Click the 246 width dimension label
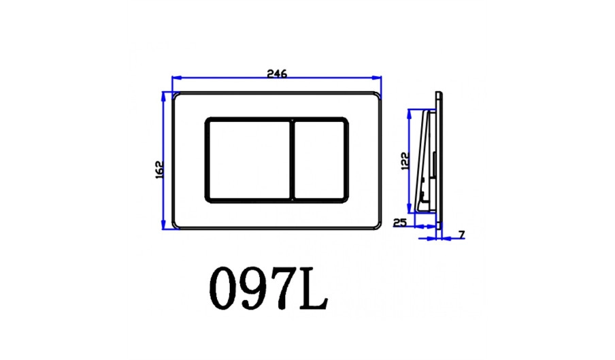277,73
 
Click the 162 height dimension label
159,170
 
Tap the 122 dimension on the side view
405,161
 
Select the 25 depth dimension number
399,223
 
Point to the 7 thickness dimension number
462,235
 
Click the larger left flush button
249,160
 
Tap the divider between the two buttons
293,160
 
